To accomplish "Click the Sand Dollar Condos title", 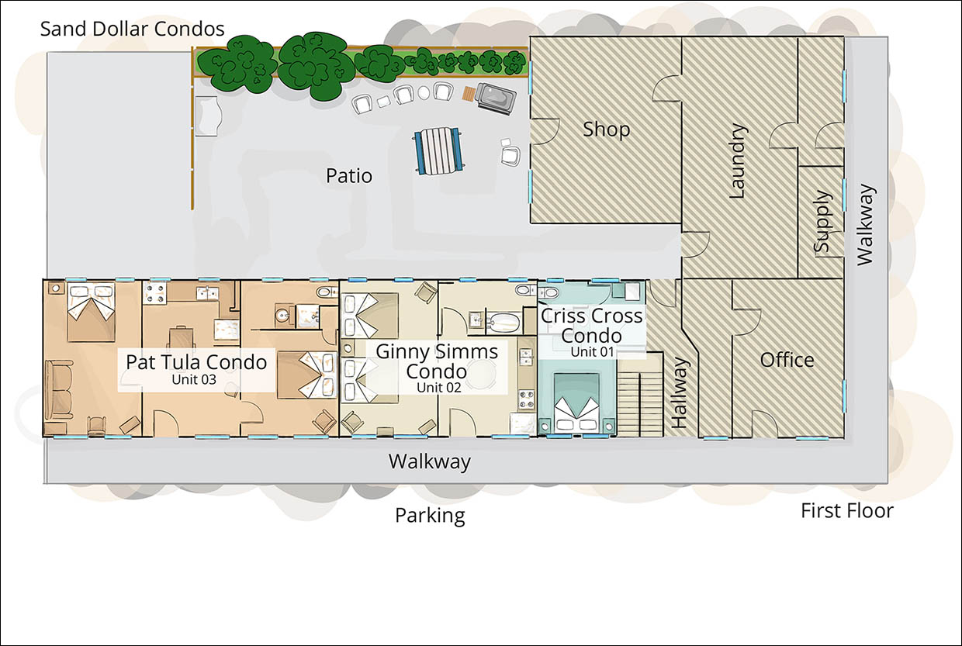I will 133,29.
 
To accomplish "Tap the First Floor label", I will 847,511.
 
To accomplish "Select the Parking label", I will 430,515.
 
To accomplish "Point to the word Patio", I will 348,176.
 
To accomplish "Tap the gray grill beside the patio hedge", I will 496,98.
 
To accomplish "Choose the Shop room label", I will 606,130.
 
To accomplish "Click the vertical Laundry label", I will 737,161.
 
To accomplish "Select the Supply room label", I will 822,222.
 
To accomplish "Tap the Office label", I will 787,360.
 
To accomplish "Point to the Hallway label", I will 679,392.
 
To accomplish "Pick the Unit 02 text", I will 438,388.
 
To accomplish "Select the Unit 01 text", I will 592,351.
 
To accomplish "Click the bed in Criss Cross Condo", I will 577,402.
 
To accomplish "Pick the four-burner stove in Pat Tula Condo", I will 153,293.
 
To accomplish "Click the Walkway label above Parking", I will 429,462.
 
